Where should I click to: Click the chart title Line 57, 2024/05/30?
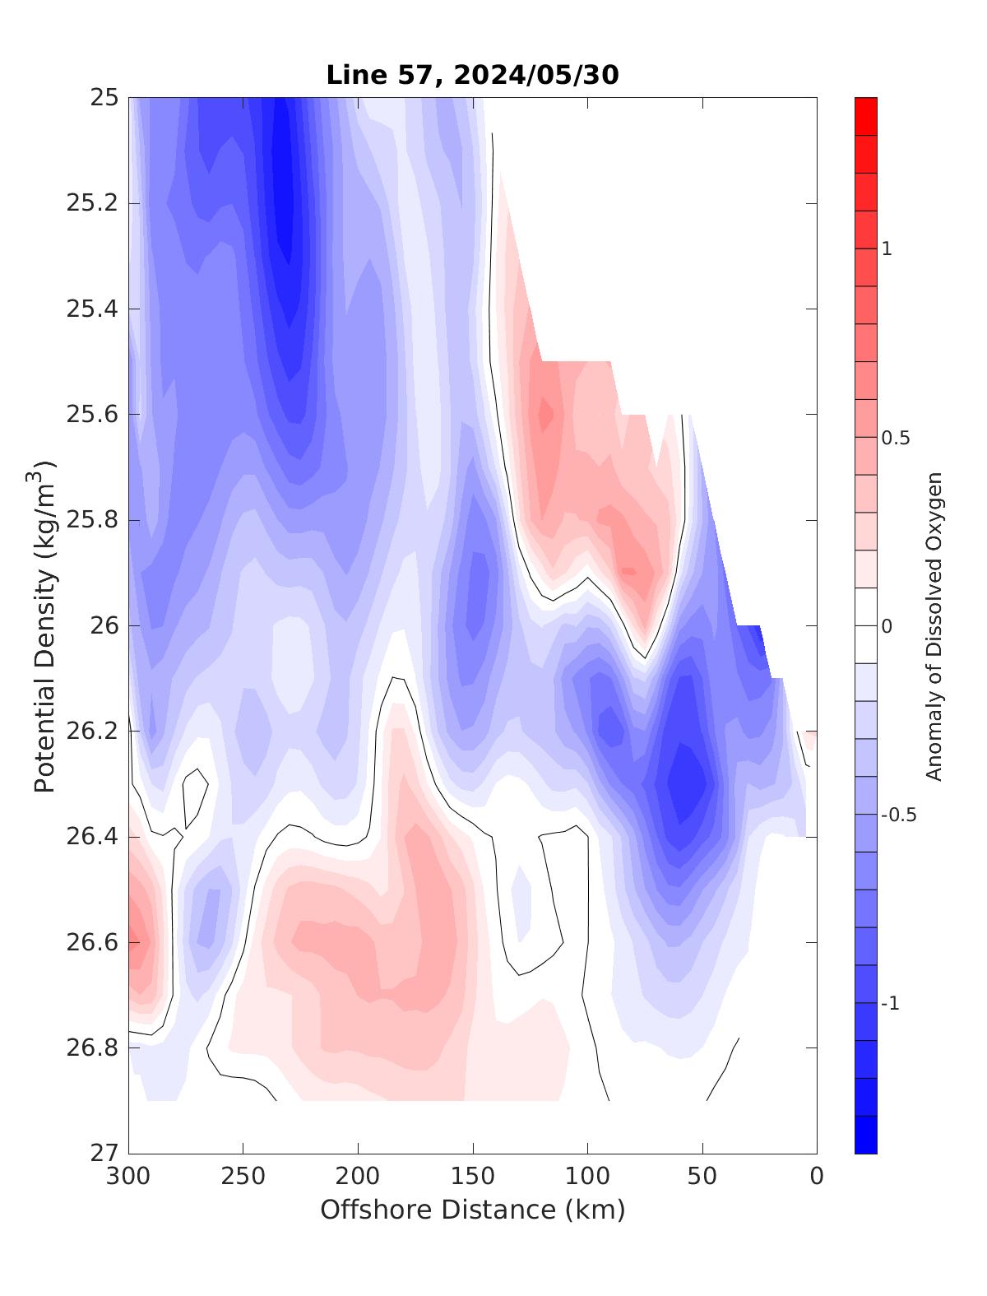[472, 75]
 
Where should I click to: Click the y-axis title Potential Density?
[45, 626]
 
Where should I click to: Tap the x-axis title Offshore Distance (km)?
[472, 1210]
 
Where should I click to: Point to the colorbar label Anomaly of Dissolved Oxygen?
[934, 626]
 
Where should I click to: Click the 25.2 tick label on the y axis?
[91, 203]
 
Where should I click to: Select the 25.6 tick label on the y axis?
[91, 414]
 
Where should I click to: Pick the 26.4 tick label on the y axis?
[91, 837]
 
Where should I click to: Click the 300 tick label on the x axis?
[129, 1177]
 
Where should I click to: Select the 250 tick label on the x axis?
[243, 1177]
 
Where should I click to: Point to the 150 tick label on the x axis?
[473, 1177]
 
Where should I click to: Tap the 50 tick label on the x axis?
[702, 1177]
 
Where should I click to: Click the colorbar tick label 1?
[887, 249]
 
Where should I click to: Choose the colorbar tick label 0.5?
[896, 438]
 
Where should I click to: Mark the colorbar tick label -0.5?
[898, 815]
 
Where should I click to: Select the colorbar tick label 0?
[887, 626]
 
